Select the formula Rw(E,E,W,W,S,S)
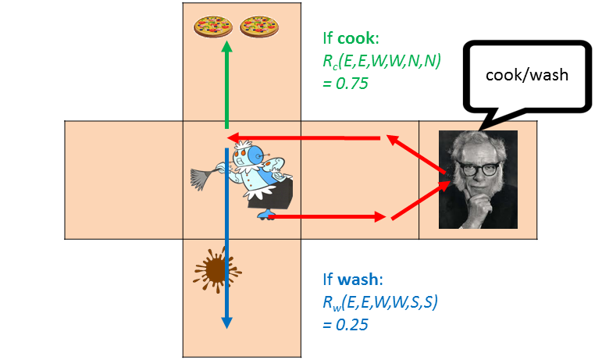coord(382,301)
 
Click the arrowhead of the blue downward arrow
coord(226,323)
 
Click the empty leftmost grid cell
coord(123,180)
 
